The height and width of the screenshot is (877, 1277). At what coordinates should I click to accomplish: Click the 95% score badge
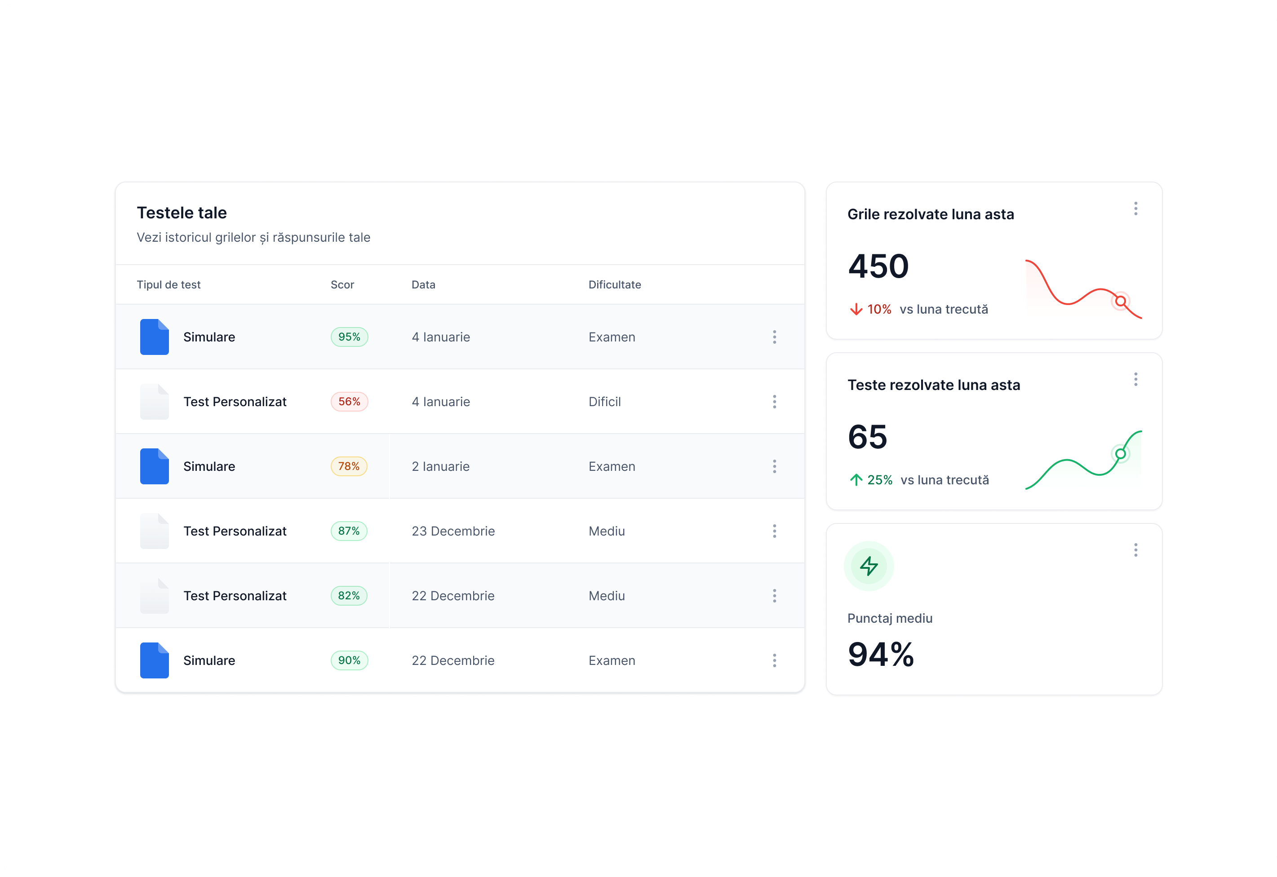pos(349,337)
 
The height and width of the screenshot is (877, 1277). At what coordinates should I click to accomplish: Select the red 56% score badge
pos(349,402)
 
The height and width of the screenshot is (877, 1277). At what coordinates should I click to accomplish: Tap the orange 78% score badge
pos(349,466)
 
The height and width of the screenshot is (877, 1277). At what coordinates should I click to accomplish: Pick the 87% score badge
pos(349,531)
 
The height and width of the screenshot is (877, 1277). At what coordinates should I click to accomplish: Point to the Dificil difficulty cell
pos(604,402)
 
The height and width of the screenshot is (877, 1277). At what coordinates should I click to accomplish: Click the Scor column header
pos(342,285)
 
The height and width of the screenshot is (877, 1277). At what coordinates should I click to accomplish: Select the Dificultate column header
pos(615,285)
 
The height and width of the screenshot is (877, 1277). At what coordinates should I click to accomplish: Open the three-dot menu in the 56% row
pos(775,402)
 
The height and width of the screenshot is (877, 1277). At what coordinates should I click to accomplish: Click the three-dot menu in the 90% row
pos(775,660)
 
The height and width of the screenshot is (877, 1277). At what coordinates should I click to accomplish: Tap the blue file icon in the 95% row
pos(155,337)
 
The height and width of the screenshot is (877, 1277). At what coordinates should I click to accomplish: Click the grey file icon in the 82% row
pos(155,596)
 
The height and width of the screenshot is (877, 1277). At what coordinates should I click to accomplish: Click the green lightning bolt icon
pos(869,566)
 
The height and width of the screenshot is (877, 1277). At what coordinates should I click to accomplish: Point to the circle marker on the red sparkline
pos(1120,301)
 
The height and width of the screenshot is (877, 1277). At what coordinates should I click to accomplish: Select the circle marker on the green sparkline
pos(1120,454)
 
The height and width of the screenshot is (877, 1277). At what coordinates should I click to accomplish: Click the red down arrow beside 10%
pos(856,310)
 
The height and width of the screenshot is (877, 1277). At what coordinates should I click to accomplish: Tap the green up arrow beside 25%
pos(856,480)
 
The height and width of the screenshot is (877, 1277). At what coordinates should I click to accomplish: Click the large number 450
pos(878,266)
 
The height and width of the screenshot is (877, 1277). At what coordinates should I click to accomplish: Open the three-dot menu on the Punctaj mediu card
pos(1136,550)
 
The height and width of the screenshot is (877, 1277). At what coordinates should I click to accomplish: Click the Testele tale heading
pos(182,213)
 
